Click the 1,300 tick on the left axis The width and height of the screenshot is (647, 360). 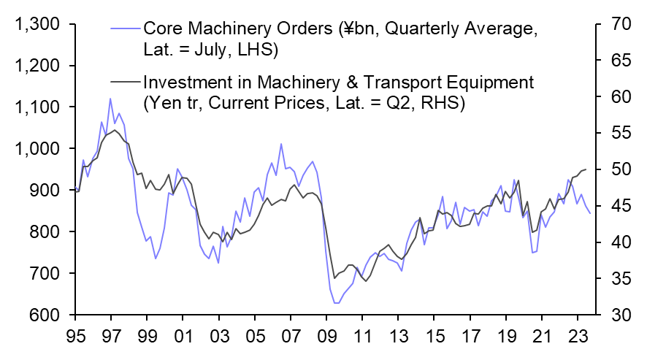click(37, 26)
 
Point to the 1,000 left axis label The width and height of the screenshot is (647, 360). click(37, 150)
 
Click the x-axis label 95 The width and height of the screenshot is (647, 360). click(74, 339)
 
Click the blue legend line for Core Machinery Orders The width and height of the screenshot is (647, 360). click(124, 30)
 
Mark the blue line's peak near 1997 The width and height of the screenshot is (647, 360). click(110, 99)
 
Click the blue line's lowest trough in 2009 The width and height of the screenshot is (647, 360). click(335, 302)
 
